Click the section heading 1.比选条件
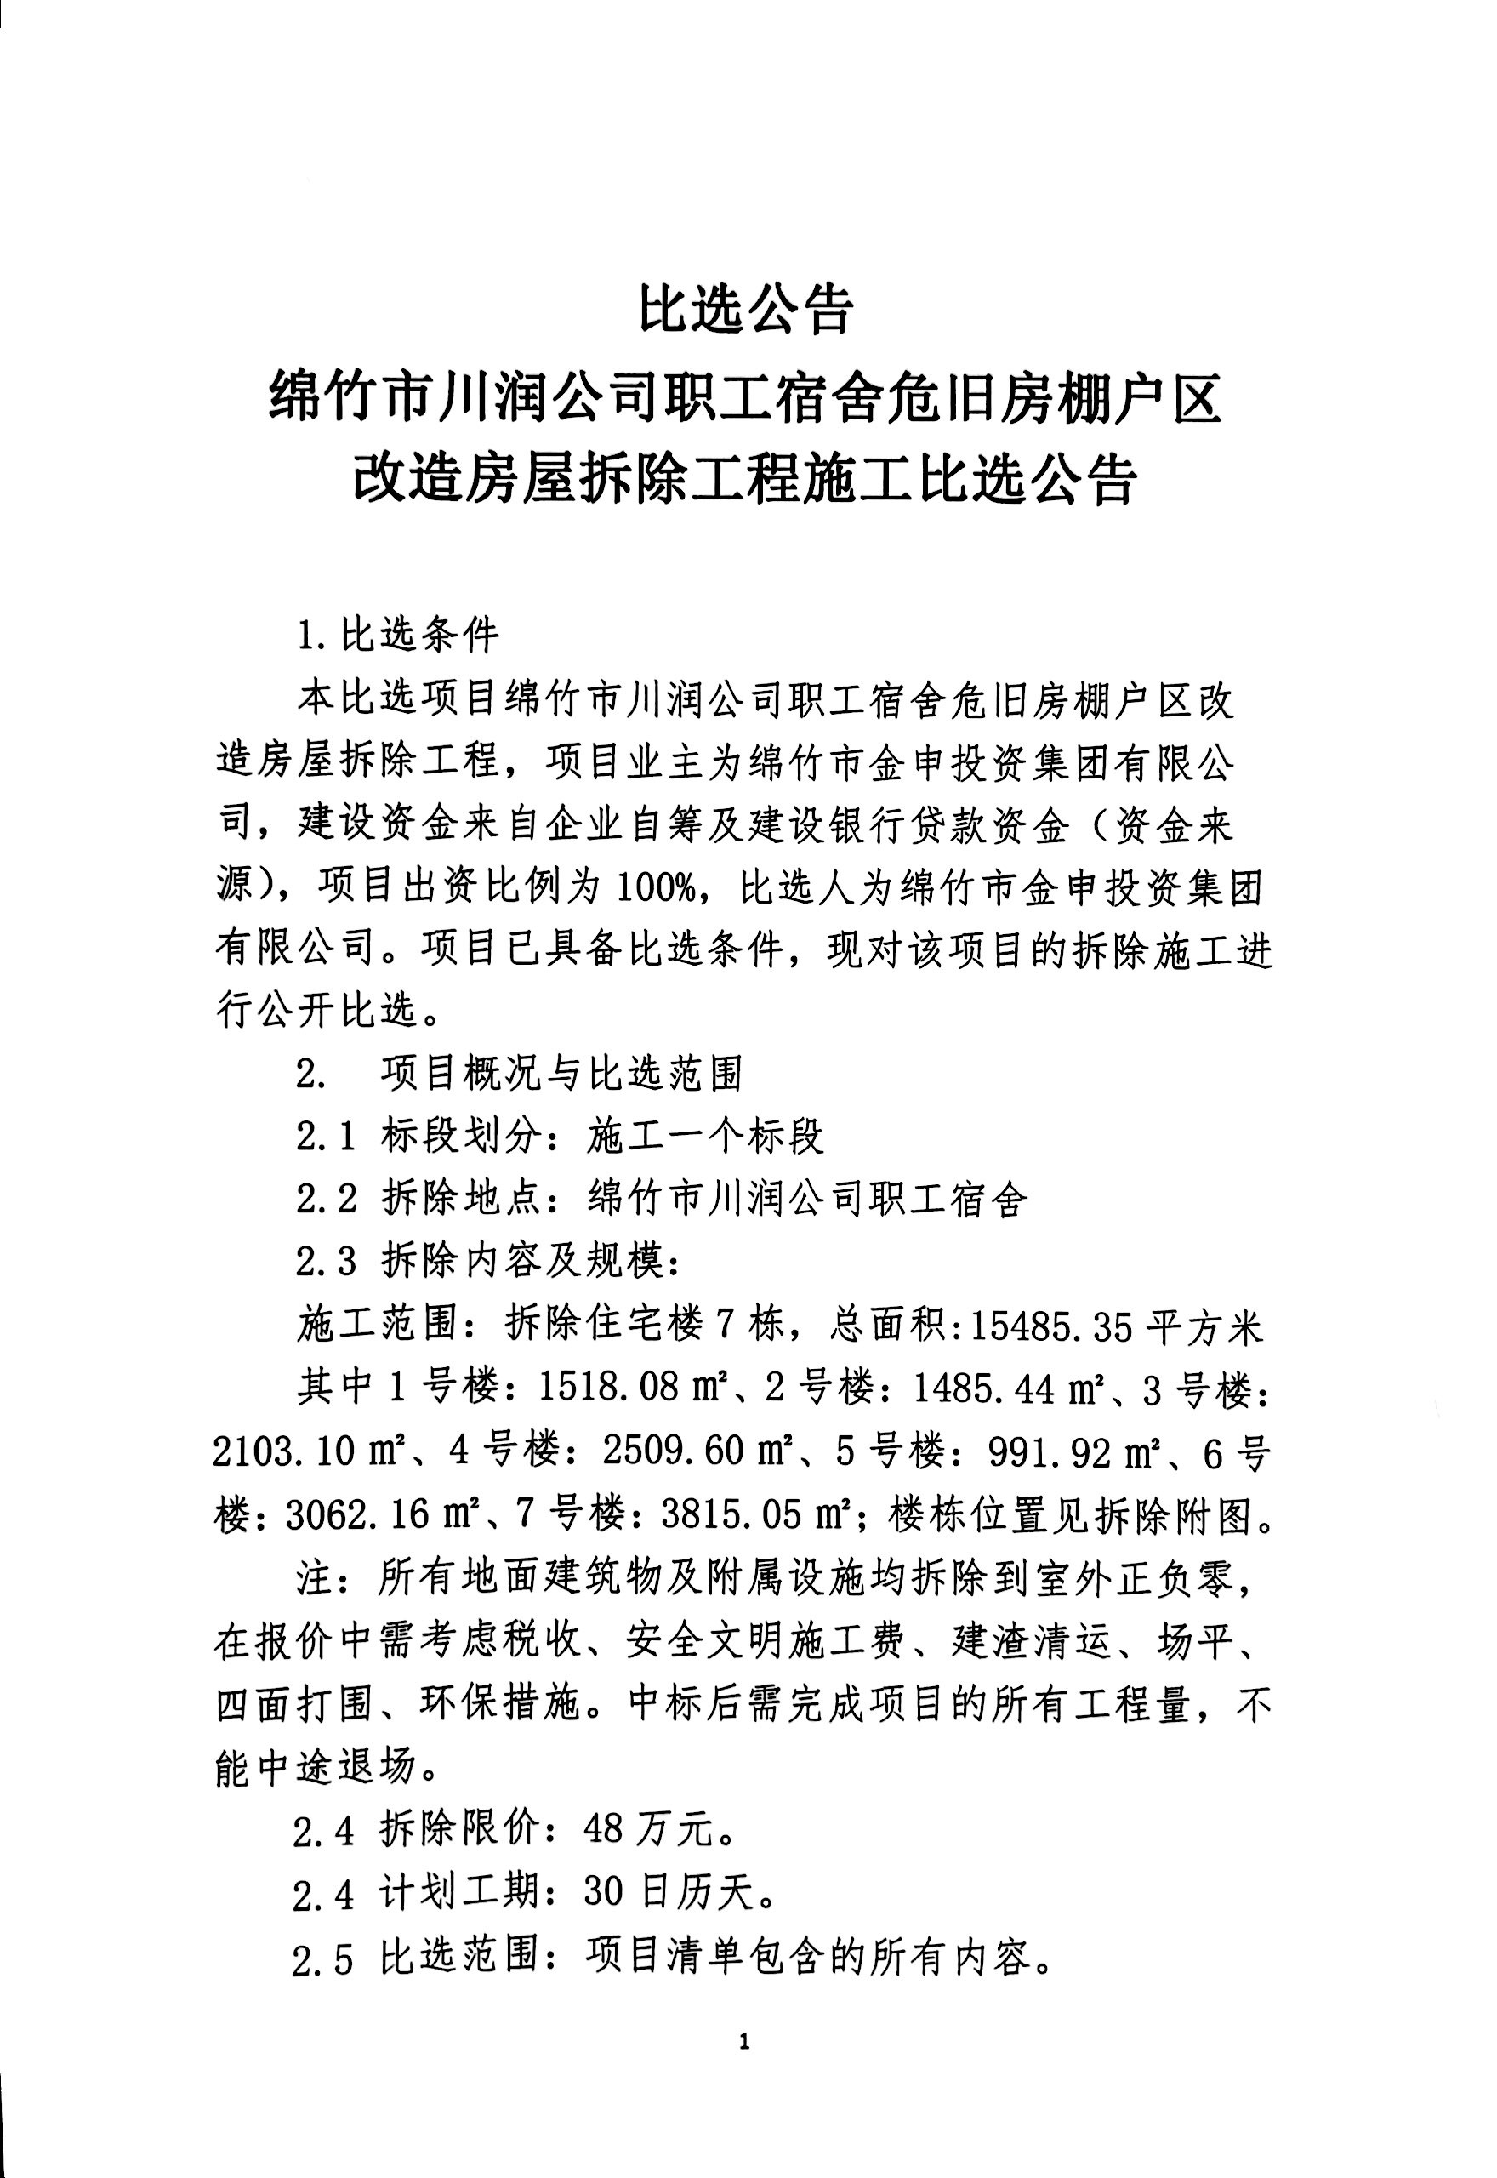tap(398, 636)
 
